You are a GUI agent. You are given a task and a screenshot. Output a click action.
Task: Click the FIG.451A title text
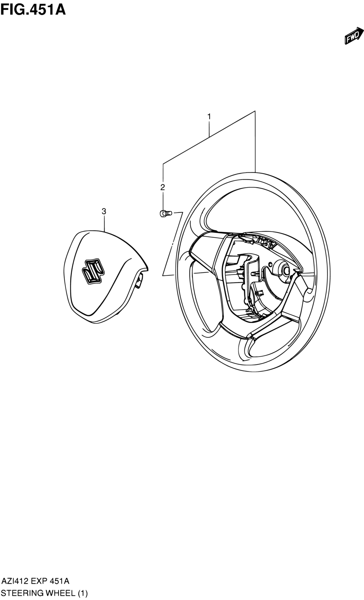tap(33, 9)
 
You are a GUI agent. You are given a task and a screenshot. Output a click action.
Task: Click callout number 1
tap(209, 117)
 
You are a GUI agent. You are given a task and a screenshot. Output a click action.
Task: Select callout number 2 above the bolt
tap(162, 187)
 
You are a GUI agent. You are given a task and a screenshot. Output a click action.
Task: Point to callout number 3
tap(104, 211)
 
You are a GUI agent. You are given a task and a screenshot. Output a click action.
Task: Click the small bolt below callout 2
tap(166, 213)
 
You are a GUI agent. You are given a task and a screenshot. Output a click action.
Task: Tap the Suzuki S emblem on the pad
tap(93, 271)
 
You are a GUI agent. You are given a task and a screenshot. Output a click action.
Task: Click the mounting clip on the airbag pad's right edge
tap(139, 282)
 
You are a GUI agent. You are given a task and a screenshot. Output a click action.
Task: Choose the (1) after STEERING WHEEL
tap(82, 593)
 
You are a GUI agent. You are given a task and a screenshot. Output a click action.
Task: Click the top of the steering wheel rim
tap(255, 174)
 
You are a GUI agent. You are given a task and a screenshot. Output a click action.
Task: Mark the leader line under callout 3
tap(104, 223)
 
